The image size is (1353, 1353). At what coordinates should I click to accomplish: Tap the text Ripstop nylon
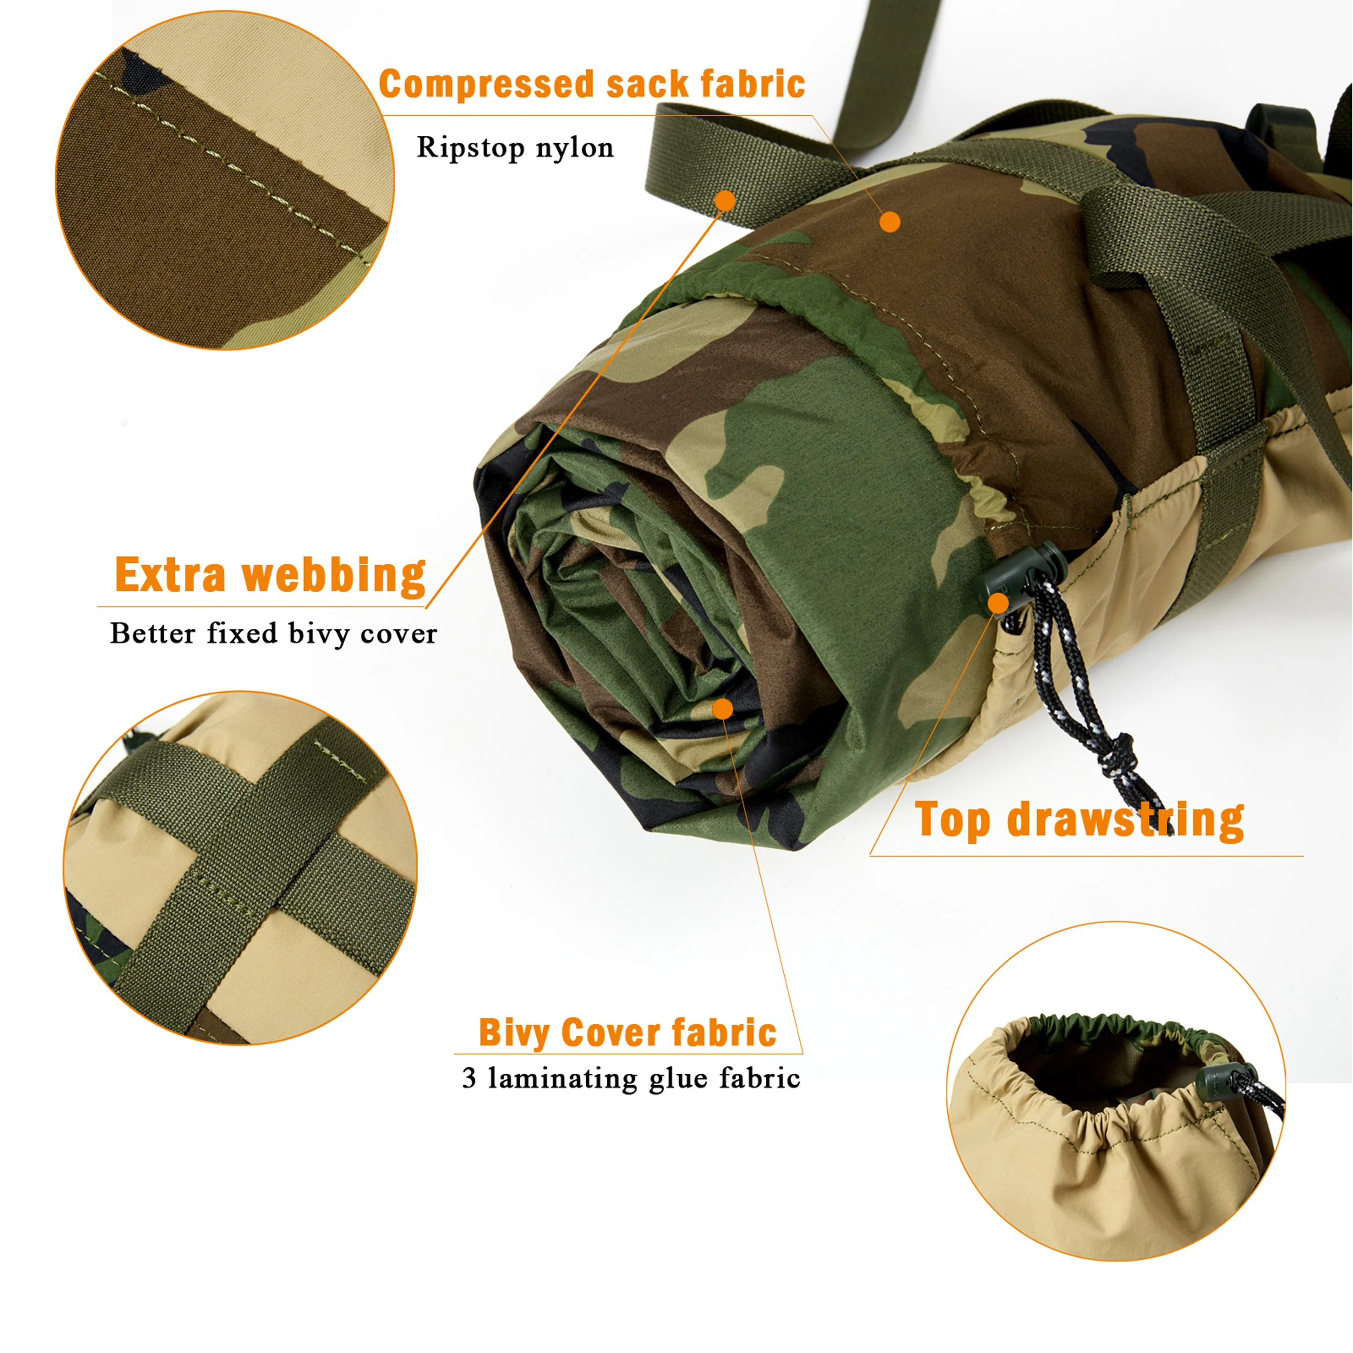515,148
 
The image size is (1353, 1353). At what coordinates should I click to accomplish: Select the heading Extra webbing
270,576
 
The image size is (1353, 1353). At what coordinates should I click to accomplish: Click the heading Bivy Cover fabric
627,1034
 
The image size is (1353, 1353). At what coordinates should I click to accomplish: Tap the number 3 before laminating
469,1079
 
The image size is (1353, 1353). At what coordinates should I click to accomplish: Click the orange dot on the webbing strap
726,201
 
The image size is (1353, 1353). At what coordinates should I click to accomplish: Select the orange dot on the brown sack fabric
889,222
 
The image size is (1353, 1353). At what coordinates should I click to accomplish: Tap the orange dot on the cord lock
999,603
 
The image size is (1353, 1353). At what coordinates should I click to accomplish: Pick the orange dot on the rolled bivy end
723,710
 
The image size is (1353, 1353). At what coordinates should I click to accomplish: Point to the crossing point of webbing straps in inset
262,840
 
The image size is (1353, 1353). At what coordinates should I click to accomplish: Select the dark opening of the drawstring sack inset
1107,1065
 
